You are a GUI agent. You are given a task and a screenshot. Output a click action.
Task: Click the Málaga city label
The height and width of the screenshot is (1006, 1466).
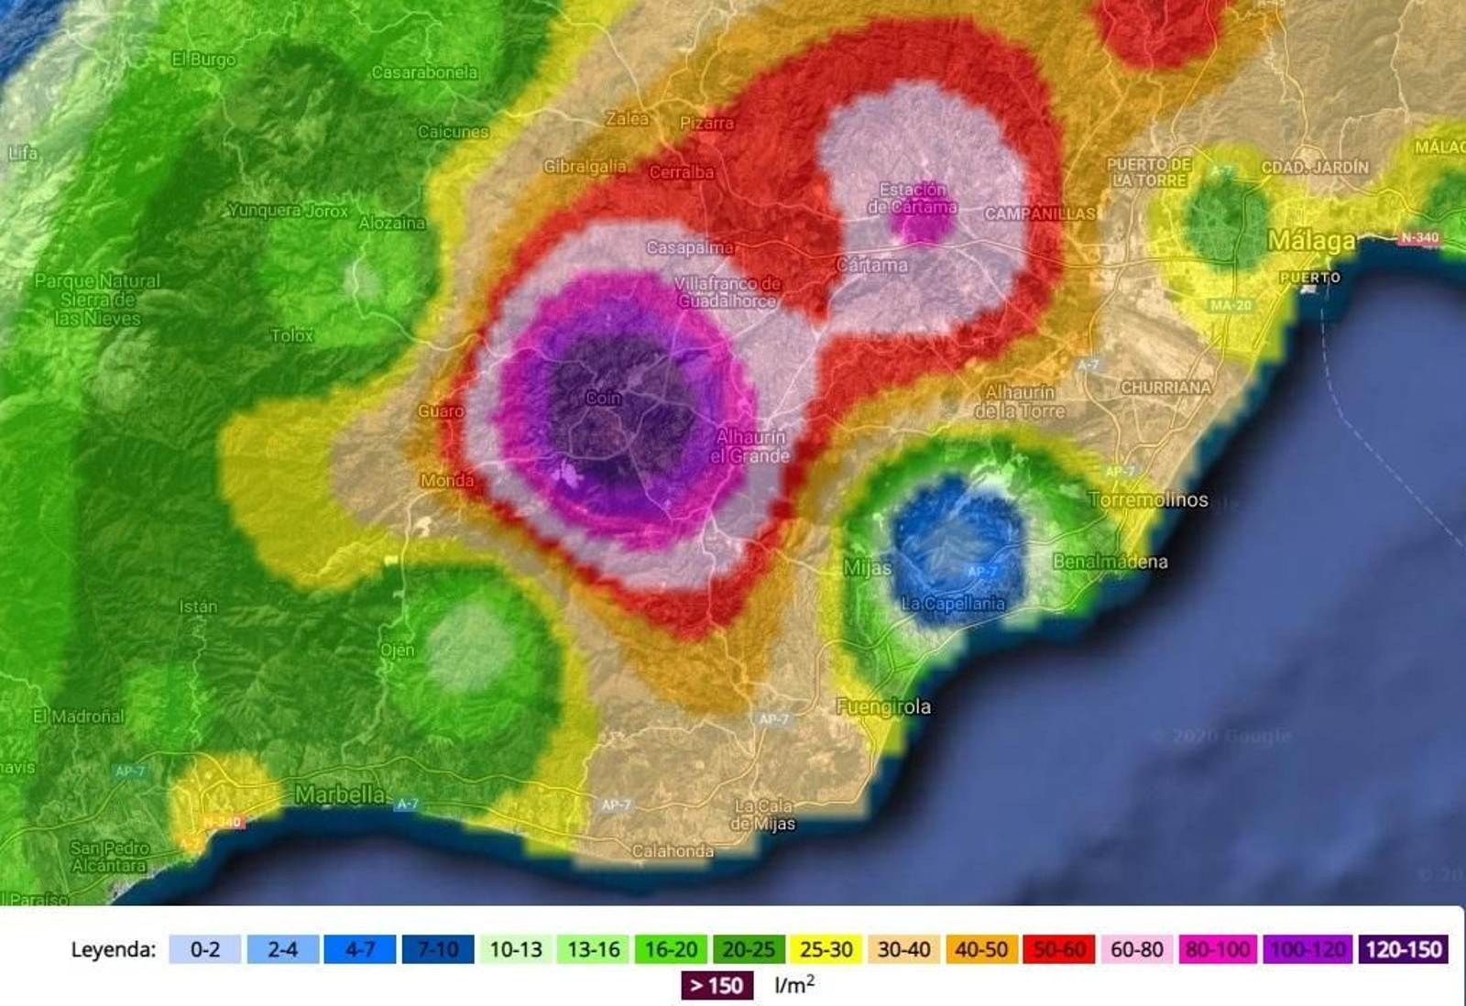pos(1311,241)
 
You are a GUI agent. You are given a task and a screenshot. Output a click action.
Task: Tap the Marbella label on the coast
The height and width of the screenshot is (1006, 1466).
pos(339,794)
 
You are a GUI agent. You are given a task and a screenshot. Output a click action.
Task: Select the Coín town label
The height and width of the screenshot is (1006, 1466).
pos(603,398)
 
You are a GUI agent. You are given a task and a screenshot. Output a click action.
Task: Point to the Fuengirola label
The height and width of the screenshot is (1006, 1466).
pos(883,706)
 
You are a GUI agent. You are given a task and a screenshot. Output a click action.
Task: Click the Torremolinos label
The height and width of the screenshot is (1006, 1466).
pos(1148,500)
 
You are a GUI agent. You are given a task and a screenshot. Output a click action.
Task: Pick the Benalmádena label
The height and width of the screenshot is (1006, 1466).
pos(1110,562)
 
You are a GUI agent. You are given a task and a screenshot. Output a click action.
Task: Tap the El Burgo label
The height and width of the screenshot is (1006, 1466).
pos(203,60)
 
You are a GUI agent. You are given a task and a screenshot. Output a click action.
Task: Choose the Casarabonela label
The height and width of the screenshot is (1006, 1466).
pos(424,72)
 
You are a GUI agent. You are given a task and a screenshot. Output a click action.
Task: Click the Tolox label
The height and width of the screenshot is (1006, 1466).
pos(291,335)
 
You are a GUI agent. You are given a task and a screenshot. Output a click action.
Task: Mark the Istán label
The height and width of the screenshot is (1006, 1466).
pos(198,607)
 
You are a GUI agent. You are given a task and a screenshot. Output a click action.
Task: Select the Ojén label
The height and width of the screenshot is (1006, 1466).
pos(397,650)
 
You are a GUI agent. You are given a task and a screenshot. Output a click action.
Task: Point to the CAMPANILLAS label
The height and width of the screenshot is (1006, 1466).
pos(1039,213)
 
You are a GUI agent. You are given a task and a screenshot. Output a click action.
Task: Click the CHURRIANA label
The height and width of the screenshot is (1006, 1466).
pos(1165,388)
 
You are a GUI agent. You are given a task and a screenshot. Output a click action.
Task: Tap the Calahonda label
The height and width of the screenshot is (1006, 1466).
pos(673,851)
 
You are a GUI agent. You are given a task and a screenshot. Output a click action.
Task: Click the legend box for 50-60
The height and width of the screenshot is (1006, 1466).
pos(1059,949)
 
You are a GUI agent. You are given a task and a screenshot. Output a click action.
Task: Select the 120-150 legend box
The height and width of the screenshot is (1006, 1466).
pos(1403,949)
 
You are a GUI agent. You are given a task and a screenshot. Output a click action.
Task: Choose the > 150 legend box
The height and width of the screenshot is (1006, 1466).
pos(717,986)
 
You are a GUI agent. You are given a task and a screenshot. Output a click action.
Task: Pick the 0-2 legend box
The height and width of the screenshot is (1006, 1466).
pos(204,949)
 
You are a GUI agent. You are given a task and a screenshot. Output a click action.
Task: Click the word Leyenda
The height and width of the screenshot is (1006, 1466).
pos(114,949)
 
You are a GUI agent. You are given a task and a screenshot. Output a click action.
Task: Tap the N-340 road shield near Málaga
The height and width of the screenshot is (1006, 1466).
pos(1419,238)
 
